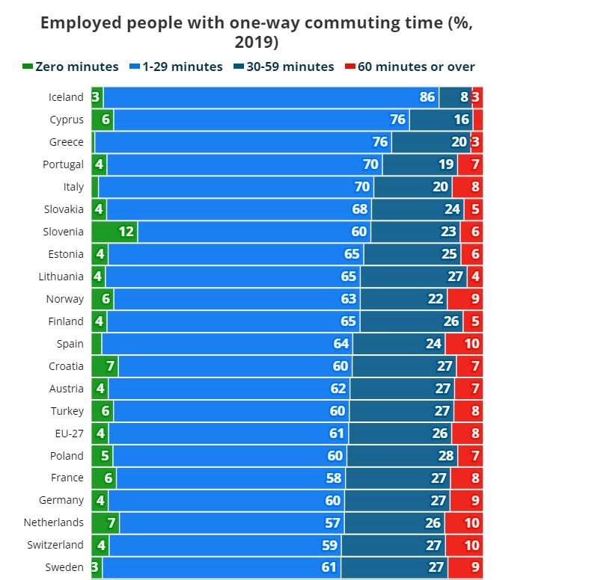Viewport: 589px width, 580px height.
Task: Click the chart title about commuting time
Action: click(256, 31)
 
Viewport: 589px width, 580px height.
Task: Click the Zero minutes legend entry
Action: click(70, 67)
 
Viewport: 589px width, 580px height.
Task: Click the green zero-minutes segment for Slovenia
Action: click(115, 232)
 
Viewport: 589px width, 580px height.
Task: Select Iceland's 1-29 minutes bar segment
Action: click(269, 97)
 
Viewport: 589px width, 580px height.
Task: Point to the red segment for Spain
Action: click(464, 344)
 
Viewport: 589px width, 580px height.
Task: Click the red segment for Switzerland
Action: click(464, 546)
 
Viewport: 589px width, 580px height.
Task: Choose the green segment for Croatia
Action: click(105, 366)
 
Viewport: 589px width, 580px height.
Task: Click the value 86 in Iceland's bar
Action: click(427, 97)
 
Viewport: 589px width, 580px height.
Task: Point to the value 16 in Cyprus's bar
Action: click(461, 120)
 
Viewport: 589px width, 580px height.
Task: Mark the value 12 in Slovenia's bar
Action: click(126, 232)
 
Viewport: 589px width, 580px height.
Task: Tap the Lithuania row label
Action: click(61, 277)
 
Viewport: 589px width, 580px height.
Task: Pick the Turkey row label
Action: click(67, 411)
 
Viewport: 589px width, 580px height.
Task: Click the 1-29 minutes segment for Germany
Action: click(225, 501)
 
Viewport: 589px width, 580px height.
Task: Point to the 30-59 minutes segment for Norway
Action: click(404, 299)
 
